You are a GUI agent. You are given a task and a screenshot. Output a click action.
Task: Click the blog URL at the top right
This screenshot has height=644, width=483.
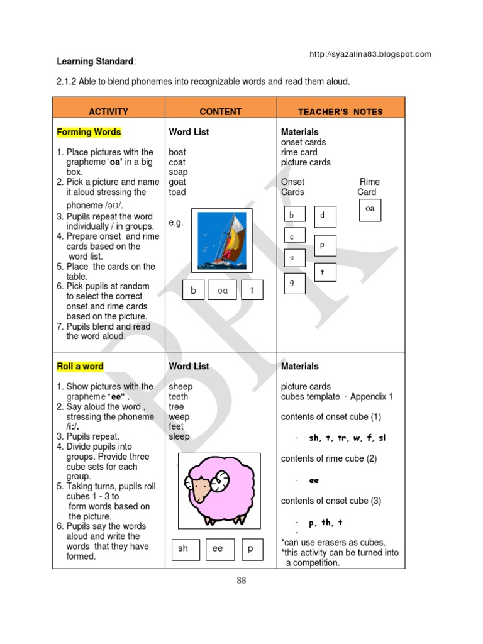coord(370,54)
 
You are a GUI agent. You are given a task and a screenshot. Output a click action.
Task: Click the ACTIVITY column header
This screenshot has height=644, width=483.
coord(108,112)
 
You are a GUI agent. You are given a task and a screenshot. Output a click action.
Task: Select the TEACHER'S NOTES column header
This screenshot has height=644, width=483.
coord(340,112)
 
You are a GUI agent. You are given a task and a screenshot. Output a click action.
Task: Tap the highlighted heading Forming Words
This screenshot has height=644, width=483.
coord(89,132)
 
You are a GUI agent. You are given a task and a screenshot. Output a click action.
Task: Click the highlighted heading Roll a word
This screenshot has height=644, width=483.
coord(80,366)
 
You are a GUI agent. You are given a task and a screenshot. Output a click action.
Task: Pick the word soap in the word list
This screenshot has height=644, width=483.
coord(178,172)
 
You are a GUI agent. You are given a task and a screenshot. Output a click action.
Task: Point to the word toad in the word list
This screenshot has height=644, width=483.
coord(177,192)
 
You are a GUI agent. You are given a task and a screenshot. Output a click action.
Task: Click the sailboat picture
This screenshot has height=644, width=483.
coord(221,240)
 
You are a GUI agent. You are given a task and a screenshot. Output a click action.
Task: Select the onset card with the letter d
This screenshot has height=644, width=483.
coord(325,216)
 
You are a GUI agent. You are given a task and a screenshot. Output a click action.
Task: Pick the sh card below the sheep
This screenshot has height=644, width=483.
coord(184,548)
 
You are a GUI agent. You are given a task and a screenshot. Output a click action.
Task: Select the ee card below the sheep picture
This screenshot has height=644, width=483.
coord(218,548)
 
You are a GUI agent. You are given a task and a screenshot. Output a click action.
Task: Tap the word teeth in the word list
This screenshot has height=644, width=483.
coord(178,397)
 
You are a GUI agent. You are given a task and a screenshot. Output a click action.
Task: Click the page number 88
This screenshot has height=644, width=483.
coord(241,580)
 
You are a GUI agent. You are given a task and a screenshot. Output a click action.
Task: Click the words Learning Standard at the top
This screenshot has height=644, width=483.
coord(95,62)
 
